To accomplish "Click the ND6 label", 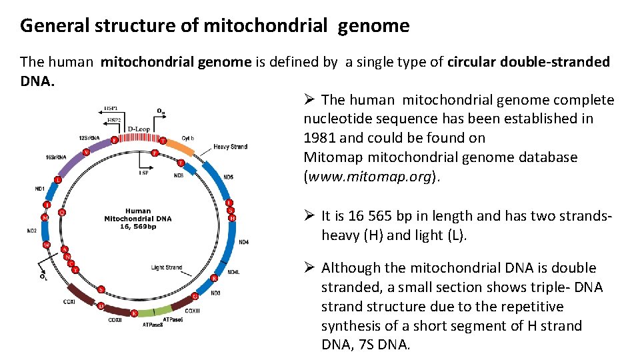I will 179,176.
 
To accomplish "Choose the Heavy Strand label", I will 231,147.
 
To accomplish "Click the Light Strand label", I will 167,267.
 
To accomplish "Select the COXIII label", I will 192,310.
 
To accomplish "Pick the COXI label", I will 69,301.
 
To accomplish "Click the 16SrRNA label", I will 55,157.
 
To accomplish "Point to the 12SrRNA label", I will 89,138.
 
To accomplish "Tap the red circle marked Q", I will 62,212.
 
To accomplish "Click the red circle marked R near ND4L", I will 214,278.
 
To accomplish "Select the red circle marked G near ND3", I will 195,296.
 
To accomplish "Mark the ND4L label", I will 233,272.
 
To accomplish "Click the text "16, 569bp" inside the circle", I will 138,227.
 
